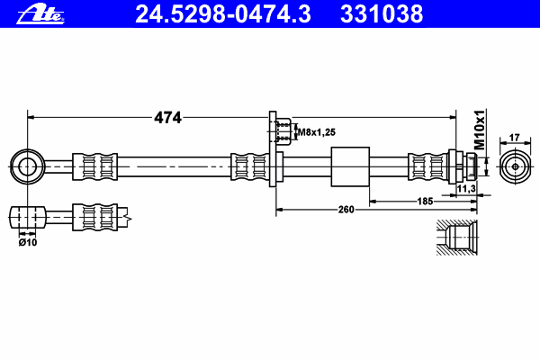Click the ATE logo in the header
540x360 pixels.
(x=40, y=14)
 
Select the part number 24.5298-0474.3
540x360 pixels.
(x=223, y=14)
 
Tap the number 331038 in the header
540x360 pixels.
(x=382, y=14)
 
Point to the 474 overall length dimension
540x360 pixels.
(x=167, y=118)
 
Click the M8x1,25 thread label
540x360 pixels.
(x=317, y=132)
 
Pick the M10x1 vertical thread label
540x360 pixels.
(x=480, y=130)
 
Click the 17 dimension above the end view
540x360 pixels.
(x=514, y=138)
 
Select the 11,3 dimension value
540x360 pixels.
(x=466, y=188)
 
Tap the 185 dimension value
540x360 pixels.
(x=425, y=201)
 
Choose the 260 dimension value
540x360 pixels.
(x=346, y=210)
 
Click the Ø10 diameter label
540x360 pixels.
(x=28, y=242)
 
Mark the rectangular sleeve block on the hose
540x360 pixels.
(x=350, y=166)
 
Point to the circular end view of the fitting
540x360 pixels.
(x=515, y=166)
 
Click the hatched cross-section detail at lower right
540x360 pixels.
(x=456, y=238)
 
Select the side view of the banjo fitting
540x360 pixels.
(x=28, y=217)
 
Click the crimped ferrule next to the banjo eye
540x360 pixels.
(x=94, y=166)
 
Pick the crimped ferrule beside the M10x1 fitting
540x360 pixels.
(x=427, y=166)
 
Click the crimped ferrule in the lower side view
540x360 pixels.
(x=94, y=217)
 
